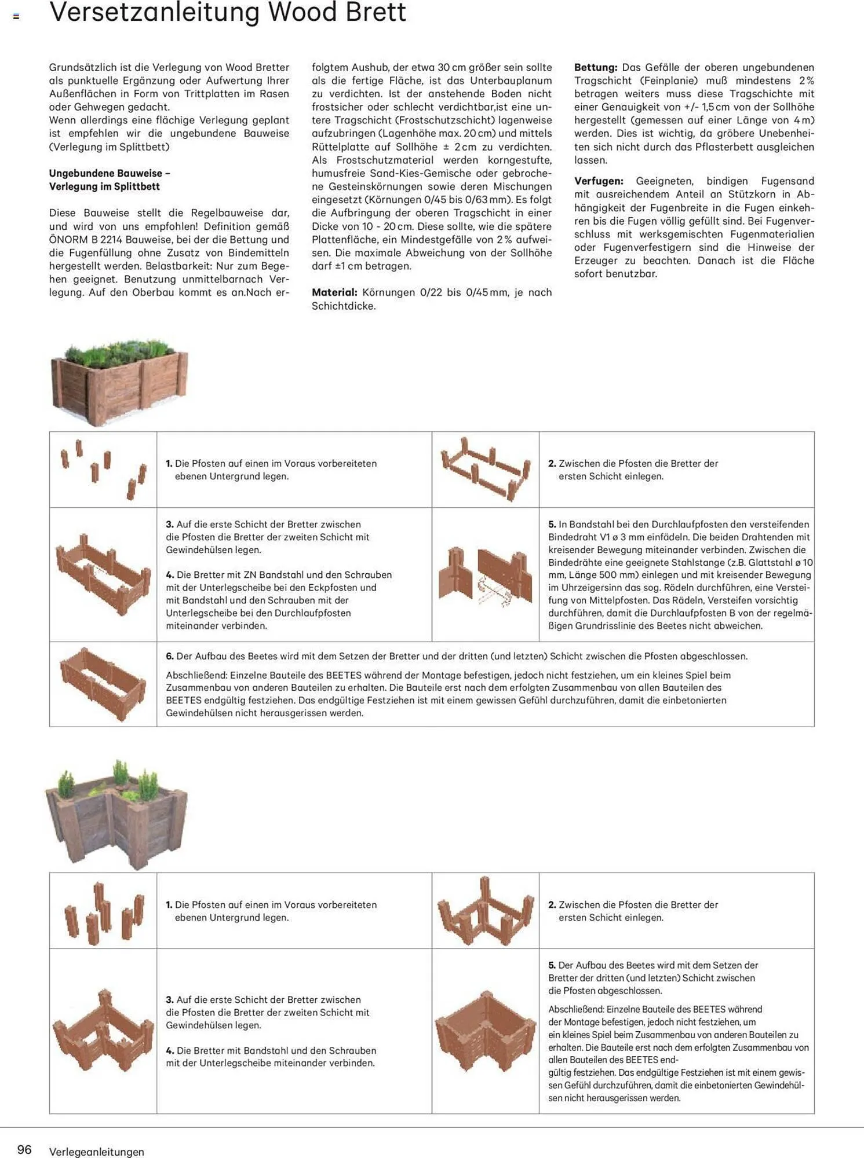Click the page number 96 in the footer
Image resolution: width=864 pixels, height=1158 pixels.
pos(24,1149)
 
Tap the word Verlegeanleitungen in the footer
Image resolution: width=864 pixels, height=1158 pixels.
pos(96,1152)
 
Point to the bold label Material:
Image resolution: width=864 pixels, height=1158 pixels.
pos(334,292)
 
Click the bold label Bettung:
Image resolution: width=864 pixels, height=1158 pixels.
pos(595,67)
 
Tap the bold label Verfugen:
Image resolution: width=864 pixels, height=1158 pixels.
pos(599,181)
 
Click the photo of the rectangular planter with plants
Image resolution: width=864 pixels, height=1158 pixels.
pos(119,380)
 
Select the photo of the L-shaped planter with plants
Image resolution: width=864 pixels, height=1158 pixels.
pos(116,813)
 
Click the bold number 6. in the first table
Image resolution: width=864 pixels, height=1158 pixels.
pos(169,656)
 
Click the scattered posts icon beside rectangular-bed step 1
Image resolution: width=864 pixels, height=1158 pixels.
pos(103,468)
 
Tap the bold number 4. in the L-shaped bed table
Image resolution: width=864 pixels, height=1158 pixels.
pos(169,1050)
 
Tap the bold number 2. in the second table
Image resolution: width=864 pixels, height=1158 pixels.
pos(552,904)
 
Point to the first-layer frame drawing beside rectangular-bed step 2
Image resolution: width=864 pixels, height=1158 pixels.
pos(485,468)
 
